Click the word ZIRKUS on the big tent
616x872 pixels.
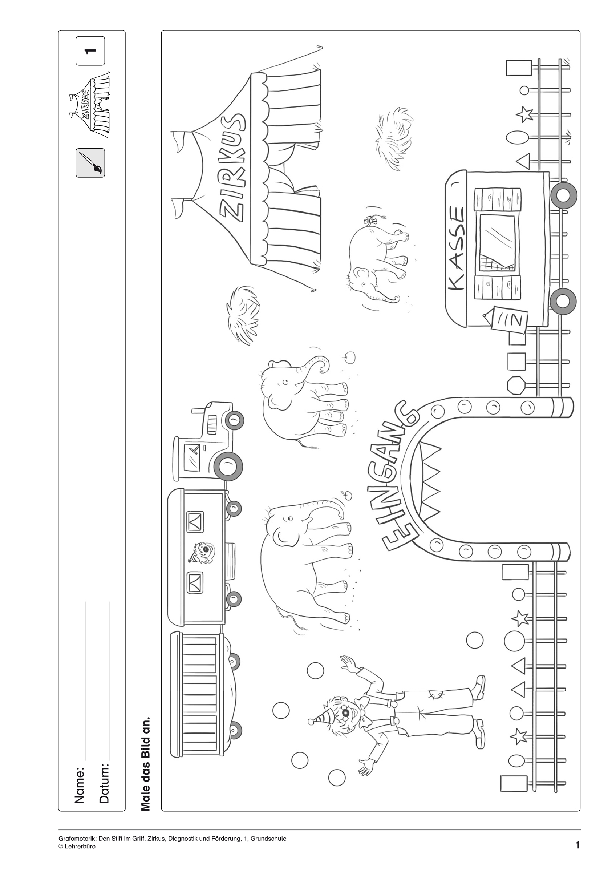click(x=232, y=167)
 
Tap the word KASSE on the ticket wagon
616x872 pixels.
click(x=456, y=249)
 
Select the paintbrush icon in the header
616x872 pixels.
click(x=90, y=162)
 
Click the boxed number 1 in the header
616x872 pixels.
click(x=90, y=51)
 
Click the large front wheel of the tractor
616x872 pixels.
click(x=228, y=467)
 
